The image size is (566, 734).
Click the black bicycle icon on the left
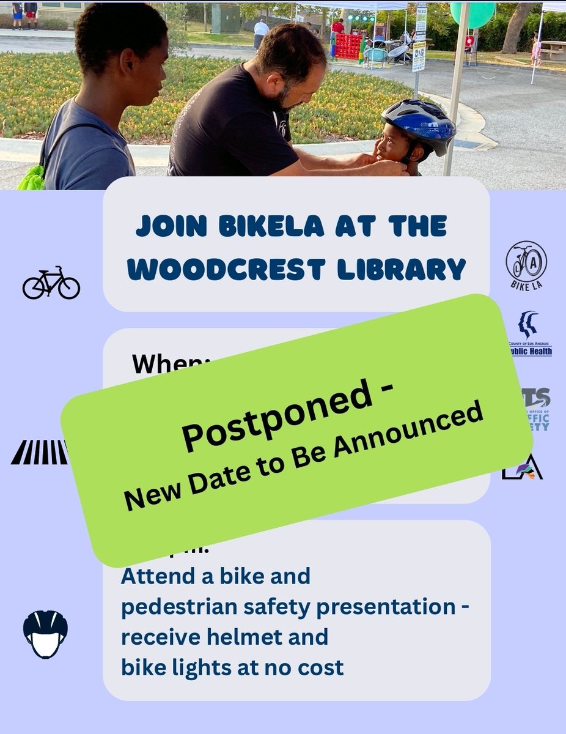51,283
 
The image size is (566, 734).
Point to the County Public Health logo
528,333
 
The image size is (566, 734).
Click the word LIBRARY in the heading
414,270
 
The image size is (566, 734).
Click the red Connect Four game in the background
348,46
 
